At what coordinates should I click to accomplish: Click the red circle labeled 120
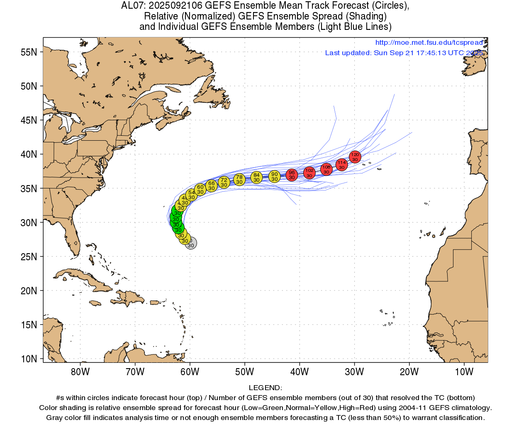coord(355,157)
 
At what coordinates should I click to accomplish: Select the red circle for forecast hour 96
coord(292,175)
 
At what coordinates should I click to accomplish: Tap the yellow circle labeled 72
coord(224,182)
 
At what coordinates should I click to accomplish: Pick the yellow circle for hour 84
coord(256,177)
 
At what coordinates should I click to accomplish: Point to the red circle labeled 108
coord(326,169)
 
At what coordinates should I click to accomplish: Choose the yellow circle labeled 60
coord(200,189)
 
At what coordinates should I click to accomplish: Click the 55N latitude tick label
coord(29,52)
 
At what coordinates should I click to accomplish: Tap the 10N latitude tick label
coord(29,359)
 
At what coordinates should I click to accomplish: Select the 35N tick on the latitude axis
coord(29,188)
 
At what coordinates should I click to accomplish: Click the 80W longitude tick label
coord(80,372)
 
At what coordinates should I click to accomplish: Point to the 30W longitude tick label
coord(354,372)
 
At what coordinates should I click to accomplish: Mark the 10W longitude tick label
coord(464,372)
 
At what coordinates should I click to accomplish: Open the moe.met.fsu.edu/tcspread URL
coord(429,43)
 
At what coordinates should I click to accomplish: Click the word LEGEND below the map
coord(265,388)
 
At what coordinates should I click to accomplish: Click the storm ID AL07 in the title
coord(132,6)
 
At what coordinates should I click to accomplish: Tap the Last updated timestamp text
coord(404,53)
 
